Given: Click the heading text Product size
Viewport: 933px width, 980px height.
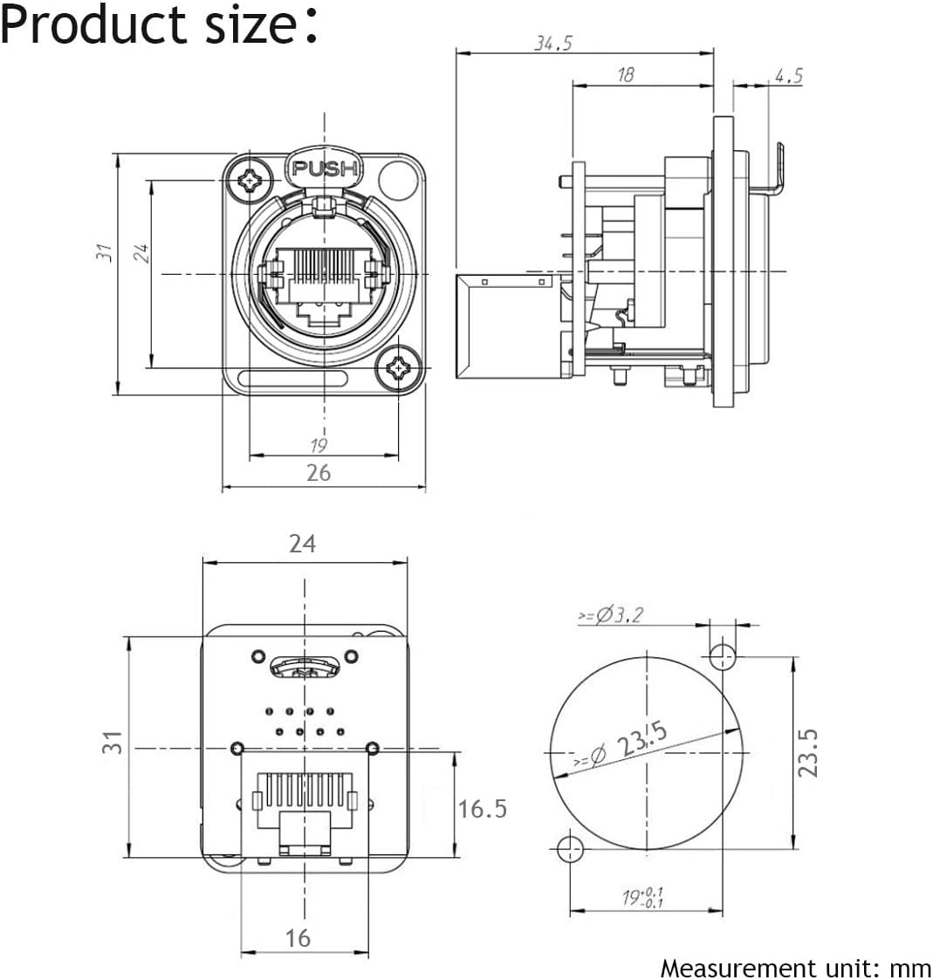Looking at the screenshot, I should click(x=157, y=24).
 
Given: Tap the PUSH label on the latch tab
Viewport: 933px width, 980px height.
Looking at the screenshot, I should click(x=324, y=169).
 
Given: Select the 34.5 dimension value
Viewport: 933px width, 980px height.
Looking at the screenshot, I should click(x=552, y=44).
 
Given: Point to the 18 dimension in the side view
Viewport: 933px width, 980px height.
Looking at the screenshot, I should click(x=625, y=75).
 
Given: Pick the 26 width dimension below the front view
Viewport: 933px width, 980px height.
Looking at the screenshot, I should click(x=319, y=472).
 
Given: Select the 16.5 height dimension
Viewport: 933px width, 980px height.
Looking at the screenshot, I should click(x=483, y=809).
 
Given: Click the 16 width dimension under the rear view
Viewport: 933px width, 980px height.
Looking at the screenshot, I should click(x=298, y=938).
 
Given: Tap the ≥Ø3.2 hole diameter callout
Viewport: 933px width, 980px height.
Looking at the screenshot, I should click(x=610, y=615).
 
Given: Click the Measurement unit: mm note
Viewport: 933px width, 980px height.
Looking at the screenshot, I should click(x=795, y=968).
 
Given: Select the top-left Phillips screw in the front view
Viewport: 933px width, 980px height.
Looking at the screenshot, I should click(x=249, y=182).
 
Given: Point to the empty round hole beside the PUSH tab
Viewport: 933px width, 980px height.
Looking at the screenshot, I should click(x=398, y=177).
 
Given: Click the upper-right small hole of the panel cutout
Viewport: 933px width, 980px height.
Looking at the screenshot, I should click(x=722, y=654).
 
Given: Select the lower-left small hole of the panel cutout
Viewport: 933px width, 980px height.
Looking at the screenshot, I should click(x=570, y=847).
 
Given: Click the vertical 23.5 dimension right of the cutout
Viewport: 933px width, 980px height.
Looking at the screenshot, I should click(x=811, y=752).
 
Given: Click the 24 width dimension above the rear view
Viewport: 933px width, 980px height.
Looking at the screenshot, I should click(x=302, y=544).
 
